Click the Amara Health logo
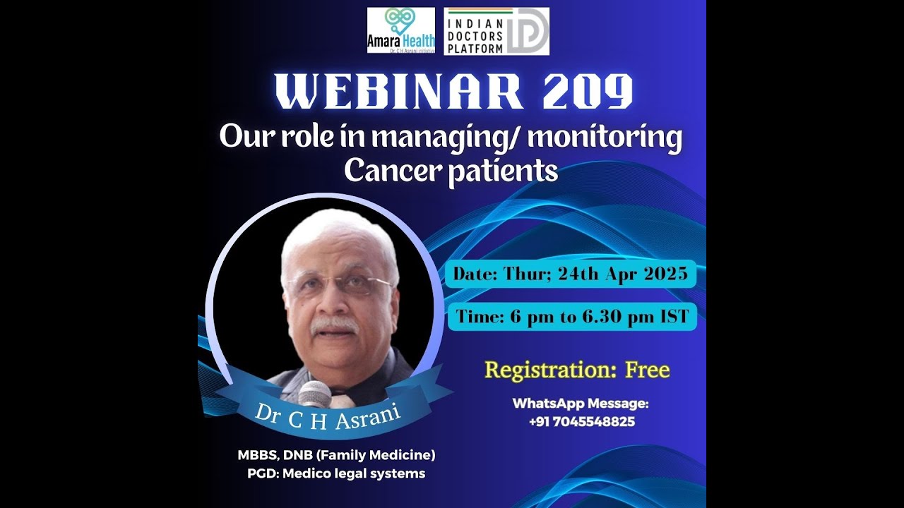pos(400,30)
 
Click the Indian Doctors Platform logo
pos(496,31)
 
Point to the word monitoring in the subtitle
pos(605,138)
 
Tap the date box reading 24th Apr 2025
pos(570,274)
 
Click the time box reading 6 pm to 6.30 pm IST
pos(572,317)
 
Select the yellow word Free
pos(648,370)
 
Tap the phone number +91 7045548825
pos(581,422)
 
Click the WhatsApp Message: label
pos(581,404)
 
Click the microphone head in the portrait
pos(315,393)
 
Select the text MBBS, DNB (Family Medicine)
pos(336,455)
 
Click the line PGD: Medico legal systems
pos(336,473)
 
